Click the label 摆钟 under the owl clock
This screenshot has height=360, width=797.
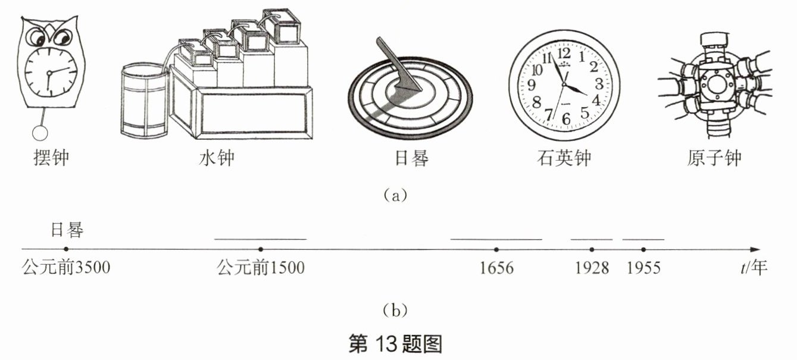point(52,158)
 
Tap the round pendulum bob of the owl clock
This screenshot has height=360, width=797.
point(40,132)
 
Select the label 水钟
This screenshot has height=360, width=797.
point(217,158)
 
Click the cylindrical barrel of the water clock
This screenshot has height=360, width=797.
point(143,104)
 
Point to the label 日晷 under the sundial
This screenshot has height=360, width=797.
point(411,159)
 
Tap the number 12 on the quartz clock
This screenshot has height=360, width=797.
point(563,52)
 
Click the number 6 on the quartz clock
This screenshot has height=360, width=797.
point(565,119)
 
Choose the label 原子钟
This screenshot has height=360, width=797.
point(714,159)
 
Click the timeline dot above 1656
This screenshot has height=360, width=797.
point(496,249)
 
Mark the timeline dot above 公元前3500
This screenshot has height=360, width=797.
point(66,249)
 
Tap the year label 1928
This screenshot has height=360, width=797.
point(592,268)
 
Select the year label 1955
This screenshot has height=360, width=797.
point(643,268)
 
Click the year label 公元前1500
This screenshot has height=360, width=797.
point(261,268)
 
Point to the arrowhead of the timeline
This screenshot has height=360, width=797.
point(755,249)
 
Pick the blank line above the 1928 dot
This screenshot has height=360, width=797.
point(591,239)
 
